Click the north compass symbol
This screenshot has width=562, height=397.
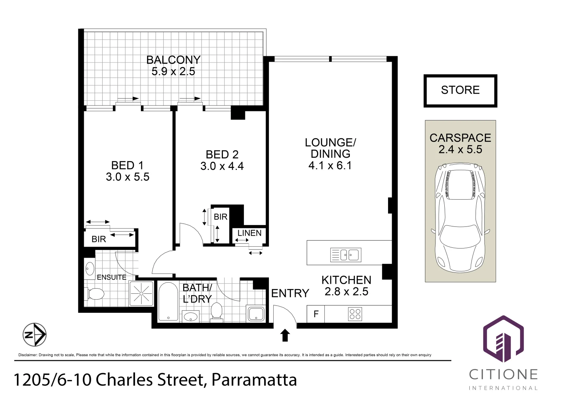click(x=35, y=335)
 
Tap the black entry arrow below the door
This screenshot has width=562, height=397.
click(x=285, y=335)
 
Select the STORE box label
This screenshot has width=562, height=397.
click(x=460, y=90)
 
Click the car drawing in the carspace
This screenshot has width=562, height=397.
click(x=460, y=217)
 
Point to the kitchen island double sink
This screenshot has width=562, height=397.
click(x=346, y=255)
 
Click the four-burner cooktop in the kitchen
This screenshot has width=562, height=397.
click(x=355, y=314)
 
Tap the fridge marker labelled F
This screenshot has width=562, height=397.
click(x=316, y=314)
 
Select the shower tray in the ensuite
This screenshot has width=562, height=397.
click(x=141, y=293)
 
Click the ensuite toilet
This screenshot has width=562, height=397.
click(x=95, y=293)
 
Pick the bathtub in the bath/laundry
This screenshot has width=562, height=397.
click(x=168, y=301)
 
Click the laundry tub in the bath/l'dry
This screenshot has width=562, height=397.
click(x=256, y=314)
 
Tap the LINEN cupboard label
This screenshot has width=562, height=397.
click(x=249, y=233)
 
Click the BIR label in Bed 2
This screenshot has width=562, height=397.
click(x=221, y=217)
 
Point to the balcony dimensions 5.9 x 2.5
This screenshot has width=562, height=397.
click(x=173, y=71)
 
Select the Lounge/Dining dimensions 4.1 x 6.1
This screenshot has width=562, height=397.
click(x=330, y=165)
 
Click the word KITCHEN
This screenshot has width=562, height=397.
click(x=346, y=280)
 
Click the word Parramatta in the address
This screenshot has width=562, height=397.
click(x=254, y=380)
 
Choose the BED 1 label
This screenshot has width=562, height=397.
click(x=127, y=165)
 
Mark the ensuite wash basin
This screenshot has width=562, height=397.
click(x=89, y=269)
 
